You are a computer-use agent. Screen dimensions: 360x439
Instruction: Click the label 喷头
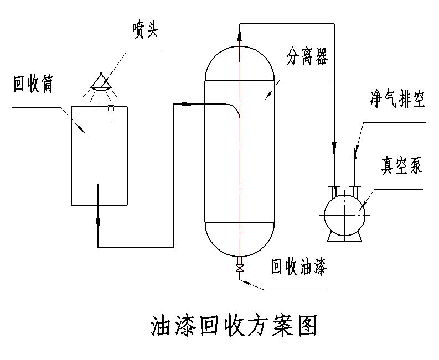[146, 30]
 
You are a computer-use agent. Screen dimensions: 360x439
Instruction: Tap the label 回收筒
[33, 85]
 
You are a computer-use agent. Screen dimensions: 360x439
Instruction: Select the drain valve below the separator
[240, 269]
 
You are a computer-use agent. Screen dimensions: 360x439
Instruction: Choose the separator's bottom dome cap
[240, 239]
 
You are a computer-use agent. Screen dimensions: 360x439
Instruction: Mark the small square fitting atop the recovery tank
[111, 108]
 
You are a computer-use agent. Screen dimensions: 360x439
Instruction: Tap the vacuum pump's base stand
[344, 236]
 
